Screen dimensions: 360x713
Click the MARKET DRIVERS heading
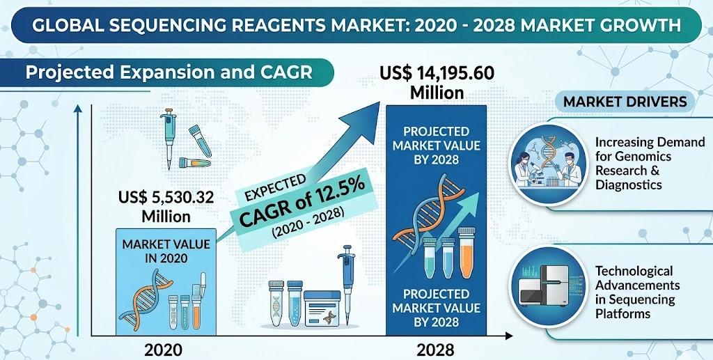625,102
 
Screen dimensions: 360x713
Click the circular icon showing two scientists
547,162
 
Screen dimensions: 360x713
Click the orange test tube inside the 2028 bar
466,258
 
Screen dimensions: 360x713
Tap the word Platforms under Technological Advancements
622,313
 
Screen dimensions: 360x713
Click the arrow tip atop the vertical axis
78,109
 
